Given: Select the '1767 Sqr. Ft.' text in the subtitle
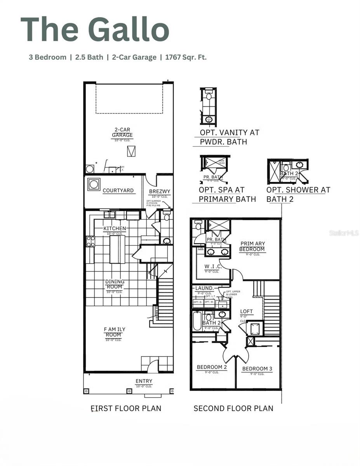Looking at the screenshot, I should click(x=186, y=57).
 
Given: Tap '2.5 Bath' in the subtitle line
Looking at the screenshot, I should click(x=89, y=57).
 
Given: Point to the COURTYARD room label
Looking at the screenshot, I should click(x=118, y=191).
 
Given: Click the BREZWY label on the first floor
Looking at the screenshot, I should click(x=160, y=191).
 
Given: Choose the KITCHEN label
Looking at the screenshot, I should click(x=115, y=228).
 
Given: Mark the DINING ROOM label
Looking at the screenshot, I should click(x=115, y=284).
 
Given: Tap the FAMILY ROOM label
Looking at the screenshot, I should click(x=115, y=332).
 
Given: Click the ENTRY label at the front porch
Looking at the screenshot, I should click(x=144, y=381).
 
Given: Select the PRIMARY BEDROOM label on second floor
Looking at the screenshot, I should click(x=252, y=246).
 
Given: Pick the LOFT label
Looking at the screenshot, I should click(x=246, y=311).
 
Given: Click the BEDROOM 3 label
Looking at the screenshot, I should click(x=255, y=369).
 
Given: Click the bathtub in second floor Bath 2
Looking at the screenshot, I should click(x=197, y=321).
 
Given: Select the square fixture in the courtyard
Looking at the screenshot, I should click(x=94, y=184).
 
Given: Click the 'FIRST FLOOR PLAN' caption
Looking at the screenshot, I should click(x=125, y=408).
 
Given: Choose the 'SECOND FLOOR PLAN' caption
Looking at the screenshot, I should click(x=233, y=408).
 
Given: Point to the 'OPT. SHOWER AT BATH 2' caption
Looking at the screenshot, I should click(x=298, y=194).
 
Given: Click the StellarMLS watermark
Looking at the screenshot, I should click(x=344, y=233).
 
